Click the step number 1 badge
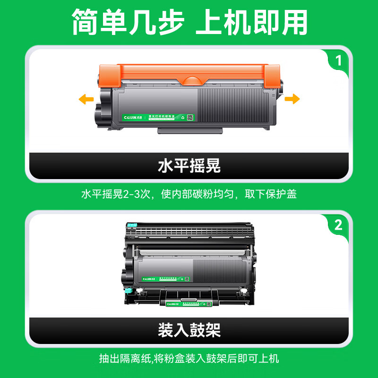tap(338, 61)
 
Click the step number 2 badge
tap(338, 225)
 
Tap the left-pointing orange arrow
tap(86, 99)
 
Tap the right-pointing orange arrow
tap(292, 99)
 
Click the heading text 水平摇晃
tap(189, 166)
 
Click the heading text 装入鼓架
tap(189, 330)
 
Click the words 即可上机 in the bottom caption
tap(258, 358)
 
